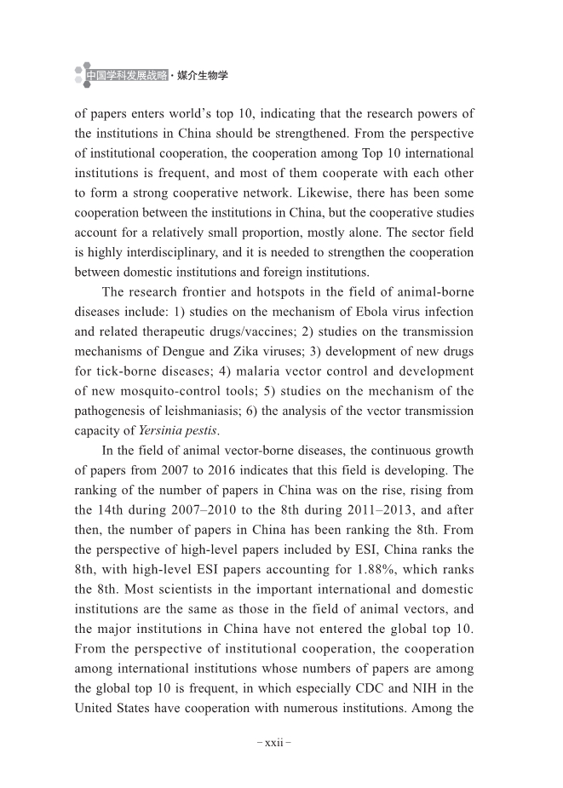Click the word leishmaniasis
pyautogui.click(x=226, y=411)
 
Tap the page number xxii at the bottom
pyautogui.click(x=274, y=743)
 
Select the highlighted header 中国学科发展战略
pyautogui.click(x=126, y=76)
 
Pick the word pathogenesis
pyautogui.click(x=110, y=411)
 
